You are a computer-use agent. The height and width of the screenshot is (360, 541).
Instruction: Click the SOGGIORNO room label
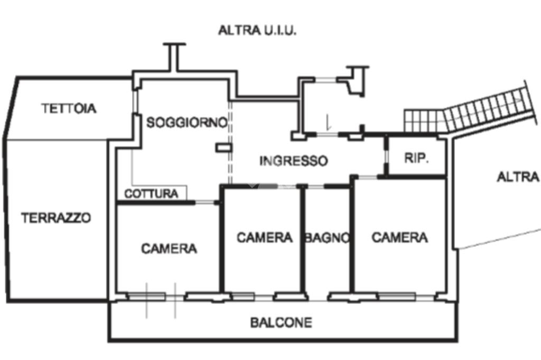pyautogui.click(x=186, y=122)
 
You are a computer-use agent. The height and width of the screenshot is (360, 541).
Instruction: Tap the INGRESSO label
pyautogui.click(x=293, y=161)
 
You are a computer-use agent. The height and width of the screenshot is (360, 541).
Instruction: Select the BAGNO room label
pyautogui.click(x=327, y=238)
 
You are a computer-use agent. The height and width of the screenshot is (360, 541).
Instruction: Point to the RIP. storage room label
pyautogui.click(x=416, y=158)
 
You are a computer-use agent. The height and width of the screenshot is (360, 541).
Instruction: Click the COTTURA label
pyautogui.click(x=151, y=194)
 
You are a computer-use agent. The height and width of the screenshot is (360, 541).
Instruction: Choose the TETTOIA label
pyautogui.click(x=69, y=108)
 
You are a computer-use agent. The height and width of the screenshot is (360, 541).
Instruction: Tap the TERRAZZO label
pyautogui.click(x=56, y=217)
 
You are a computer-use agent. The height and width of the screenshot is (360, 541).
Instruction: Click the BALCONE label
pyautogui.click(x=281, y=322)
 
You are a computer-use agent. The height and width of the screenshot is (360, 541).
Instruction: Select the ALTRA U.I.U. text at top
pyautogui.click(x=257, y=30)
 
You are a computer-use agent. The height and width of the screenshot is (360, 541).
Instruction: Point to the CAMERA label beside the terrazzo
pyautogui.click(x=169, y=248)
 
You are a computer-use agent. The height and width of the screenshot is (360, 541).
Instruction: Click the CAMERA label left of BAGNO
pyautogui.click(x=264, y=237)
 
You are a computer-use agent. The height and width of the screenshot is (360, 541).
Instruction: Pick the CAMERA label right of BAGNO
pyautogui.click(x=399, y=237)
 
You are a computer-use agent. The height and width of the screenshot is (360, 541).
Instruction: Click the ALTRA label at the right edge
pyautogui.click(x=518, y=177)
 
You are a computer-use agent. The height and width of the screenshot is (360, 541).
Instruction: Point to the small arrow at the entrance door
pyautogui.click(x=328, y=123)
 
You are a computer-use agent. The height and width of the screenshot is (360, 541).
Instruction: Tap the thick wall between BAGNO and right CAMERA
pyautogui.click(x=351, y=238)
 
